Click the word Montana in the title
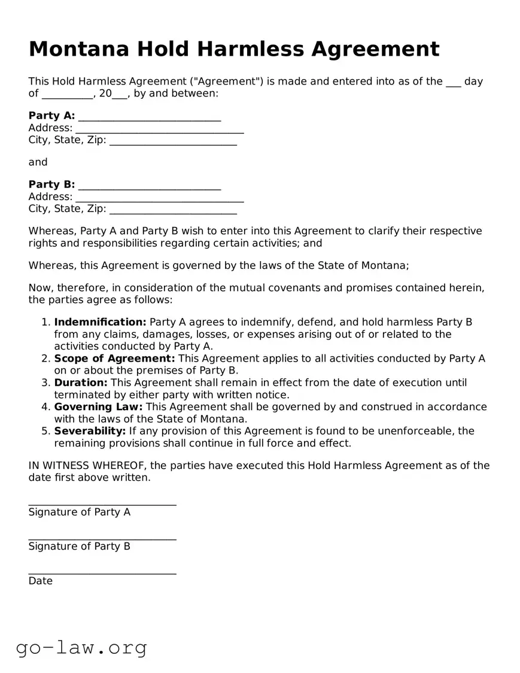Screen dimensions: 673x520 [x=78, y=49]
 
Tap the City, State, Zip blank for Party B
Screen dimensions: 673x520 [x=173, y=211]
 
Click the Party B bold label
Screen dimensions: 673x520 [x=51, y=184]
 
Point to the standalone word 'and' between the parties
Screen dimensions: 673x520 [x=38, y=162]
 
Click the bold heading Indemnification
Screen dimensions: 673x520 [x=100, y=322]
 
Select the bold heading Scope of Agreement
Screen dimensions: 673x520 [x=114, y=359]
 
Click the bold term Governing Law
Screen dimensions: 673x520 [x=98, y=407]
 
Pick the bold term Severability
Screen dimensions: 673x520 [x=90, y=431]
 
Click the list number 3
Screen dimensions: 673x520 [x=45, y=383]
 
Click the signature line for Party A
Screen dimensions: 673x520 [x=102, y=504]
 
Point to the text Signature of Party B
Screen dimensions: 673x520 [x=79, y=546]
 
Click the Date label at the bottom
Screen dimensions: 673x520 [x=40, y=581]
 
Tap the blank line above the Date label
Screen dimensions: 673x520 [x=102, y=573]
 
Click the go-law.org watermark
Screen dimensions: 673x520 [x=81, y=647]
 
